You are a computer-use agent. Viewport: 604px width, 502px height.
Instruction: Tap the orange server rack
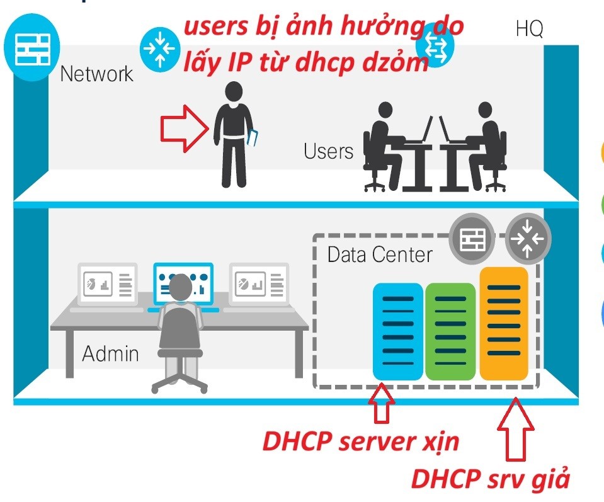point(503,324)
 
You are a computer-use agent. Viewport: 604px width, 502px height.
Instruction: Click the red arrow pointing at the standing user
point(185,128)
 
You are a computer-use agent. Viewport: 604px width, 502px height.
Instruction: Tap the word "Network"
point(97,74)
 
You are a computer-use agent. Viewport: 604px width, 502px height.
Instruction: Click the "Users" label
point(328,151)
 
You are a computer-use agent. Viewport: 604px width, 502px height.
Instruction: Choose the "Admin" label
point(110,353)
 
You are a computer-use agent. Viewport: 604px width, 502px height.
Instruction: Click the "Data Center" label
point(380,254)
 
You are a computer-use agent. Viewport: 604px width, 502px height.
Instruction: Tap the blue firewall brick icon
point(28,49)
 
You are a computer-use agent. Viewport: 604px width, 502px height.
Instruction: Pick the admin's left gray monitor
point(108,284)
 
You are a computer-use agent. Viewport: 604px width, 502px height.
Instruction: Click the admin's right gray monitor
point(259,284)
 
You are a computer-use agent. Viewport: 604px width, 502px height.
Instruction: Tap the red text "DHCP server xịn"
point(361,442)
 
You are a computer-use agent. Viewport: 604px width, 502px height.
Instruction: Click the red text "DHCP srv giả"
point(491,479)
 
